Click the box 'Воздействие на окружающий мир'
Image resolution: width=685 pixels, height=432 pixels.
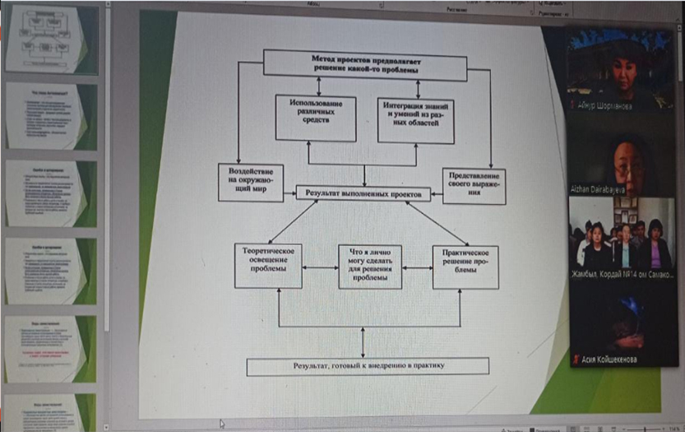click(250, 182)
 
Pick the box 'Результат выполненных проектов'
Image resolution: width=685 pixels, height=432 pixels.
click(363, 193)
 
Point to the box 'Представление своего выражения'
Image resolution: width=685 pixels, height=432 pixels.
click(473, 186)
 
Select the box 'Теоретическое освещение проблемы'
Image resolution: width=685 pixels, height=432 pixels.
click(268, 265)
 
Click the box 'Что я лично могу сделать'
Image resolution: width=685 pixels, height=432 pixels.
click(369, 266)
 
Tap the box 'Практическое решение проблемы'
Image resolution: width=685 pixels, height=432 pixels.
click(465, 266)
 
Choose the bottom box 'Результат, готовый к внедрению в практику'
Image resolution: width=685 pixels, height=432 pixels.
click(368, 365)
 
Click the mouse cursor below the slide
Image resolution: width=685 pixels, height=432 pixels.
click(220, 423)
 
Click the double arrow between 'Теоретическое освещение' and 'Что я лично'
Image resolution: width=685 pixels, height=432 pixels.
click(320, 267)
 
